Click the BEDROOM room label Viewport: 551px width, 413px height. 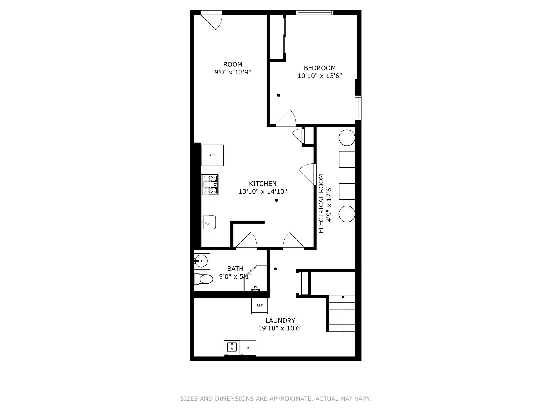pyautogui.click(x=320, y=68)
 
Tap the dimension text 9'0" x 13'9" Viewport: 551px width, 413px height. pyautogui.click(x=233, y=72)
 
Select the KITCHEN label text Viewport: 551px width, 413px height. pyautogui.click(x=263, y=184)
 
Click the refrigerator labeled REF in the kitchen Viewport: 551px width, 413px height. pyautogui.click(x=212, y=155)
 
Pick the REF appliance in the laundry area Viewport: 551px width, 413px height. pyautogui.click(x=259, y=306)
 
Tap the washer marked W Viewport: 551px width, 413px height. pyautogui.click(x=232, y=348)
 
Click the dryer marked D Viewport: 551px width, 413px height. pyautogui.click(x=248, y=348)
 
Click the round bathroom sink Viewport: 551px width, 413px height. pyautogui.click(x=201, y=261)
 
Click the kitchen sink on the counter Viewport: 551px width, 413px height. pyautogui.click(x=209, y=222)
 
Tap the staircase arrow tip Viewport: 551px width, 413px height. pyautogui.click(x=343, y=297)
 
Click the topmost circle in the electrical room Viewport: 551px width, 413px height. pyautogui.click(x=347, y=138)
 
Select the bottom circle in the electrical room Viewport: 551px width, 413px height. pyautogui.click(x=347, y=214)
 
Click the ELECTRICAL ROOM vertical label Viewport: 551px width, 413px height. pyautogui.click(x=321, y=204)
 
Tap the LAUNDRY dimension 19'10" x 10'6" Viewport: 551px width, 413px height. pyautogui.click(x=280, y=328)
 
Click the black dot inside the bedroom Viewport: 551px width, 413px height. pyautogui.click(x=278, y=95)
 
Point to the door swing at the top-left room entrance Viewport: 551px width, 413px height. pyautogui.click(x=213, y=21)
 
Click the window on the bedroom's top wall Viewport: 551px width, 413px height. pyautogui.click(x=315, y=12)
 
